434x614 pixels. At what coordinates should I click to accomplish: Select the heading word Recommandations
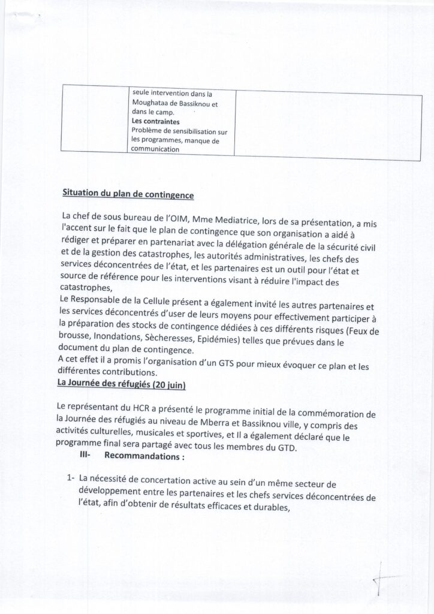pyautogui.click(x=141, y=457)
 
